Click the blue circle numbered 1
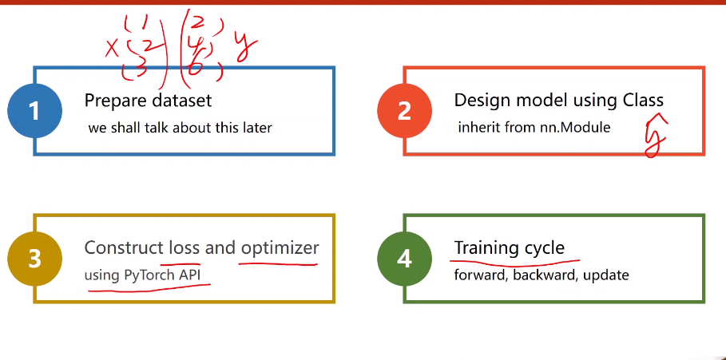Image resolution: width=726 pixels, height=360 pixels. (34, 110)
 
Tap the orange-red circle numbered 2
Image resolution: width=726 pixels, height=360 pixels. (404, 110)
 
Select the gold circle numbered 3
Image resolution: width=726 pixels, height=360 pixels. (34, 259)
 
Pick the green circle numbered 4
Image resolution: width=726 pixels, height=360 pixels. (404, 259)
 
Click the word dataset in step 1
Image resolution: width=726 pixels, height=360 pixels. (184, 101)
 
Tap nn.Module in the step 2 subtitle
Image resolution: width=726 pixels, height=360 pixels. (577, 127)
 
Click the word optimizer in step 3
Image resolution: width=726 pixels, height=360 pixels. (280, 247)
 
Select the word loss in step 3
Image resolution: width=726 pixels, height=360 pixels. (184, 247)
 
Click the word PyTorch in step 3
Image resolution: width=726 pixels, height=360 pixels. (149, 275)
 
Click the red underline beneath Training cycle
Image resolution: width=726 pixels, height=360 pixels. (515, 261)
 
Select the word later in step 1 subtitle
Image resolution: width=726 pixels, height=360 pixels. (255, 128)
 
